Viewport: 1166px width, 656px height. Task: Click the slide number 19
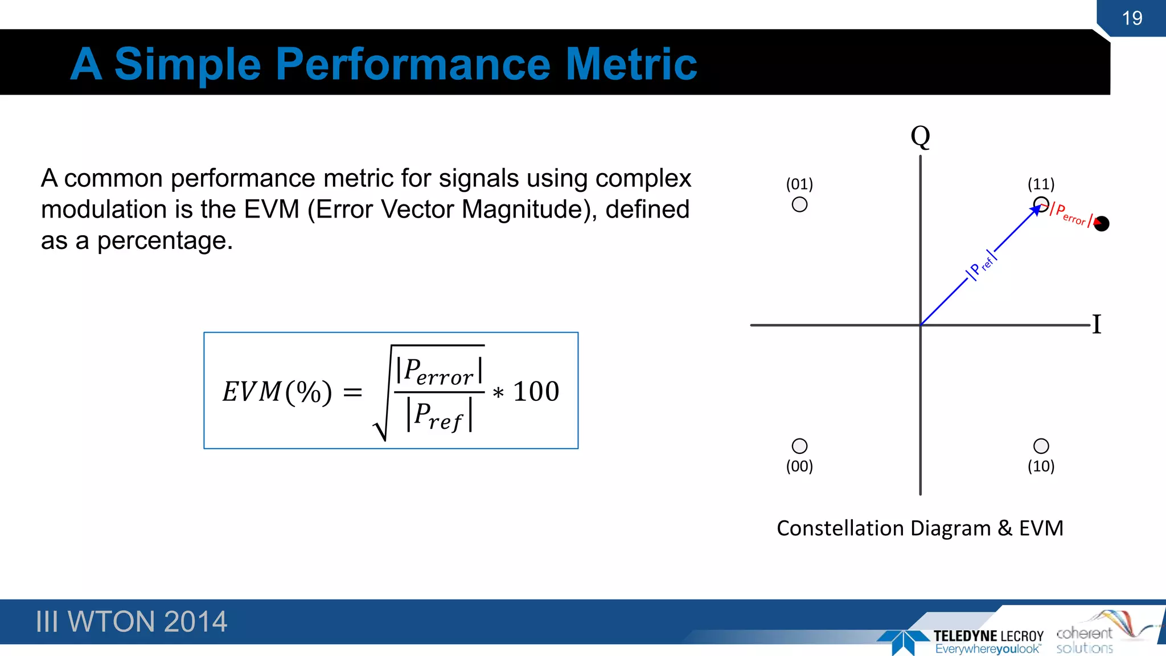pos(1132,18)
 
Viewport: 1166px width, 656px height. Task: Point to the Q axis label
pos(920,137)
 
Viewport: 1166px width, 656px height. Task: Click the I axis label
pos(1097,325)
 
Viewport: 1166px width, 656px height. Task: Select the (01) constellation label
pos(799,184)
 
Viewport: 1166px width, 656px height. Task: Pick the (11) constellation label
pos(1041,184)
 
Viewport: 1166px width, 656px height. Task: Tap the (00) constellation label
pos(799,466)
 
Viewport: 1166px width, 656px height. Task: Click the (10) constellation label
pos(1041,466)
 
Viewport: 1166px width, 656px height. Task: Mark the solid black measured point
pos(1102,224)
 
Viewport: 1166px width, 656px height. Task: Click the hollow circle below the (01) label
pos(799,204)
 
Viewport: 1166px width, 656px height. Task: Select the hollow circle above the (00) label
pos(799,446)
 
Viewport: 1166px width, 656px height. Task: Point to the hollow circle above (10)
pos(1041,446)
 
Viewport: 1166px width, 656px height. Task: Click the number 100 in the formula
pos(536,392)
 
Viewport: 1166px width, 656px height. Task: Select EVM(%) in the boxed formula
pos(277,392)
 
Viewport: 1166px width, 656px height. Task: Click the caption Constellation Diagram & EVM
pos(920,528)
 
